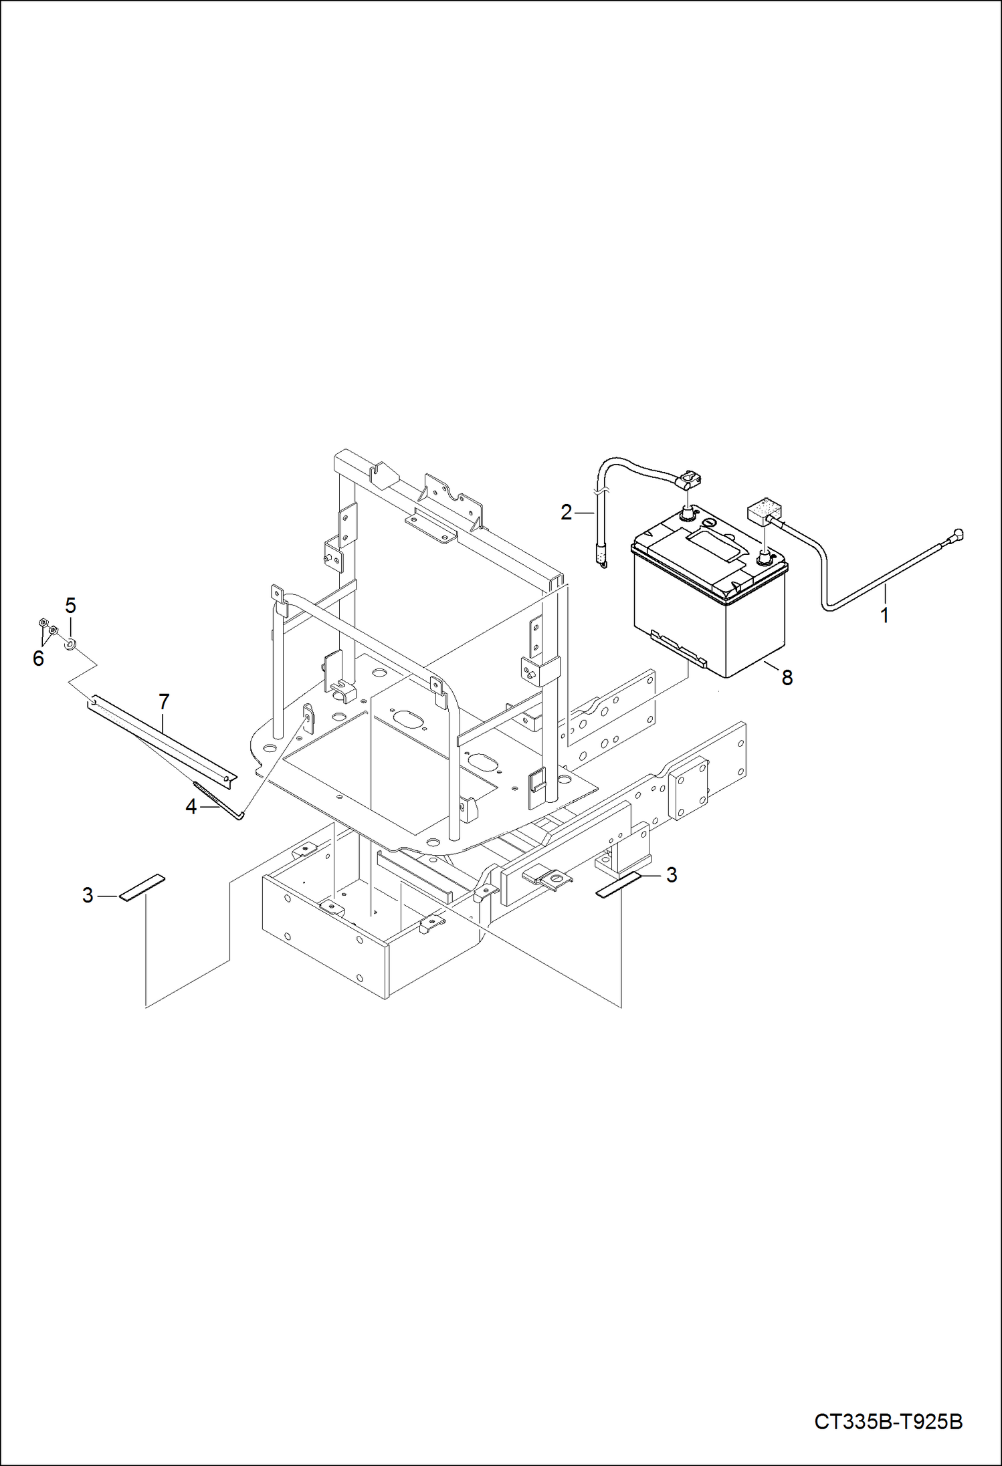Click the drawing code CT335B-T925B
(888, 1421)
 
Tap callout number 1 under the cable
(884, 614)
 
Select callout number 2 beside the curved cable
(566, 513)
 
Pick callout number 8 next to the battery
(787, 677)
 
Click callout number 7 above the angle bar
(164, 701)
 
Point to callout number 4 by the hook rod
(191, 807)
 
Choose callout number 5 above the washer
(70, 606)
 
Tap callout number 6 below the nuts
(38, 658)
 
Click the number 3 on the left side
(88, 895)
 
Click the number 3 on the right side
(672, 874)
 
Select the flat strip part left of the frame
(142, 887)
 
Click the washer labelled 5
(70, 645)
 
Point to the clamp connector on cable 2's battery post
(689, 479)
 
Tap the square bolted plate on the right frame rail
(689, 789)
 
